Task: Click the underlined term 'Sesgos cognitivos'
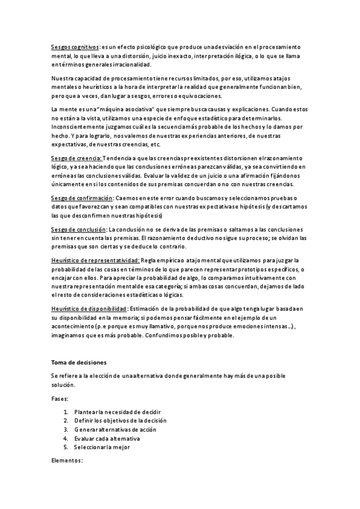click(75, 46)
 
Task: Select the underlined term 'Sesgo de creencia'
click(76, 158)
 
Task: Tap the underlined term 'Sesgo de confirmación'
click(82, 198)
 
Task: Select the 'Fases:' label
click(60, 398)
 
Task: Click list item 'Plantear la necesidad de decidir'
click(118, 412)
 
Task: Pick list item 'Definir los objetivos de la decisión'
click(121, 421)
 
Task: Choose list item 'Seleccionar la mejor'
click(102, 448)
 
